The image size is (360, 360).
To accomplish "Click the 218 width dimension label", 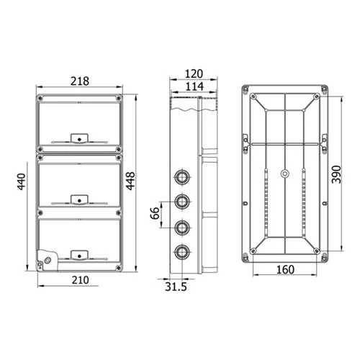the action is point(80,81).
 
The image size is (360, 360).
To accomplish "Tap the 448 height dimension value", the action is point(131,181).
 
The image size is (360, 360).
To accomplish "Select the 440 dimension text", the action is point(22,181).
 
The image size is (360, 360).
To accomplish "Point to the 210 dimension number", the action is point(80,280).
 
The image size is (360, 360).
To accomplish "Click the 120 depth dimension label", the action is point(194,73).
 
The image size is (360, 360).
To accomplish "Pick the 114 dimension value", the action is point(194,86).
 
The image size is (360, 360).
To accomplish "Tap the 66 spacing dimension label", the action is point(155,213).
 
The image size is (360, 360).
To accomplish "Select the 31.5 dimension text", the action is point(176,287).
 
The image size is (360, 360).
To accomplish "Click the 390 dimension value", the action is point(336,174).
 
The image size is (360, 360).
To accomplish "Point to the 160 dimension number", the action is point(285,269).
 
